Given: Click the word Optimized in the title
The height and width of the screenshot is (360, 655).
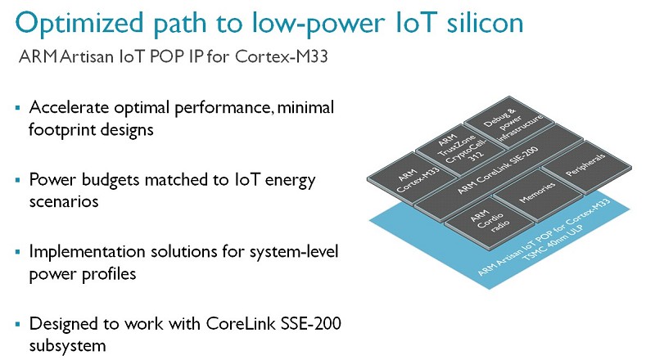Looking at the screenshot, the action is click(79, 24).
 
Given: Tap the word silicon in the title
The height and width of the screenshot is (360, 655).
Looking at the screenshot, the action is click(485, 22).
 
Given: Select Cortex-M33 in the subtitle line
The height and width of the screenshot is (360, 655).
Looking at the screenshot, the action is click(282, 56).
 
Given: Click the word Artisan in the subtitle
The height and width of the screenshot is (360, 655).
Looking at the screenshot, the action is click(87, 56).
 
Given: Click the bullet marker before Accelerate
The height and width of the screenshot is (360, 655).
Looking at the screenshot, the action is click(17, 108).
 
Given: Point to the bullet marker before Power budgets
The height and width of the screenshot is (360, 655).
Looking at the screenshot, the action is click(17, 181).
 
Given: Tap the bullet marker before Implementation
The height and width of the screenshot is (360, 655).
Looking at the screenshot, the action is click(17, 252).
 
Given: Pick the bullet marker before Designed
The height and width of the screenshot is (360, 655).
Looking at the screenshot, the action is click(17, 324).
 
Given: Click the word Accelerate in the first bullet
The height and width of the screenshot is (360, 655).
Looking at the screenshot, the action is click(69, 108).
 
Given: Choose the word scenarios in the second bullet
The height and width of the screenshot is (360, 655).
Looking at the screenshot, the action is click(64, 202).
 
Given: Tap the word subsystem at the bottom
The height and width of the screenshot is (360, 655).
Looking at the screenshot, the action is click(67, 346).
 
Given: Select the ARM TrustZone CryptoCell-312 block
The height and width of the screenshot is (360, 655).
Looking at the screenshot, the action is click(460, 150).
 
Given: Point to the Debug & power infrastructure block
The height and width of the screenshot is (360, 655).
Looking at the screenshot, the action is click(509, 122).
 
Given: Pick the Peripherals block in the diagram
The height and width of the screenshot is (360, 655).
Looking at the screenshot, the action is click(586, 167).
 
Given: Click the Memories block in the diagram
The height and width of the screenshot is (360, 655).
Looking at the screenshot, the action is click(538, 195).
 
